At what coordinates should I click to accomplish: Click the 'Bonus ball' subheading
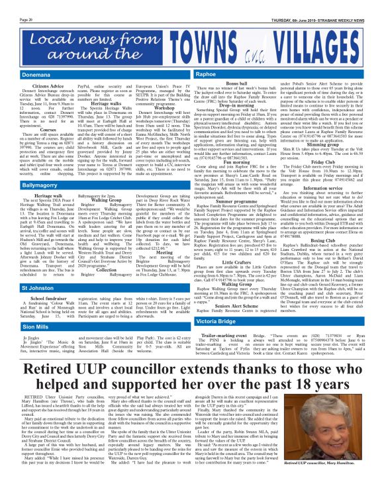click(227, 68)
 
